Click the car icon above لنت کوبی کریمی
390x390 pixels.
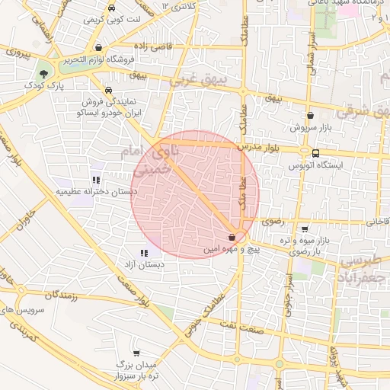point(112,8)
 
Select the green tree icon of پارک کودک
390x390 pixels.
point(43,75)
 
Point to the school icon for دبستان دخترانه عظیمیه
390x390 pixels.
point(96,180)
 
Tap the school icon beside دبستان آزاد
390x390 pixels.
point(144,253)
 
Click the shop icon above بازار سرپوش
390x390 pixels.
point(309,116)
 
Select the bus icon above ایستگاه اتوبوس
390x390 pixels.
point(316,152)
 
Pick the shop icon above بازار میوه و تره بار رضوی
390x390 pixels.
point(305,229)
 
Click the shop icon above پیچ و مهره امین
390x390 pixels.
point(232,238)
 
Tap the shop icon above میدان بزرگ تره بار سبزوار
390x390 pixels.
point(136,353)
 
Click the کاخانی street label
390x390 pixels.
point(376,222)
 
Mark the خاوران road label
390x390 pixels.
point(23,213)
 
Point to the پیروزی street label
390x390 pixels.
point(17,54)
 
